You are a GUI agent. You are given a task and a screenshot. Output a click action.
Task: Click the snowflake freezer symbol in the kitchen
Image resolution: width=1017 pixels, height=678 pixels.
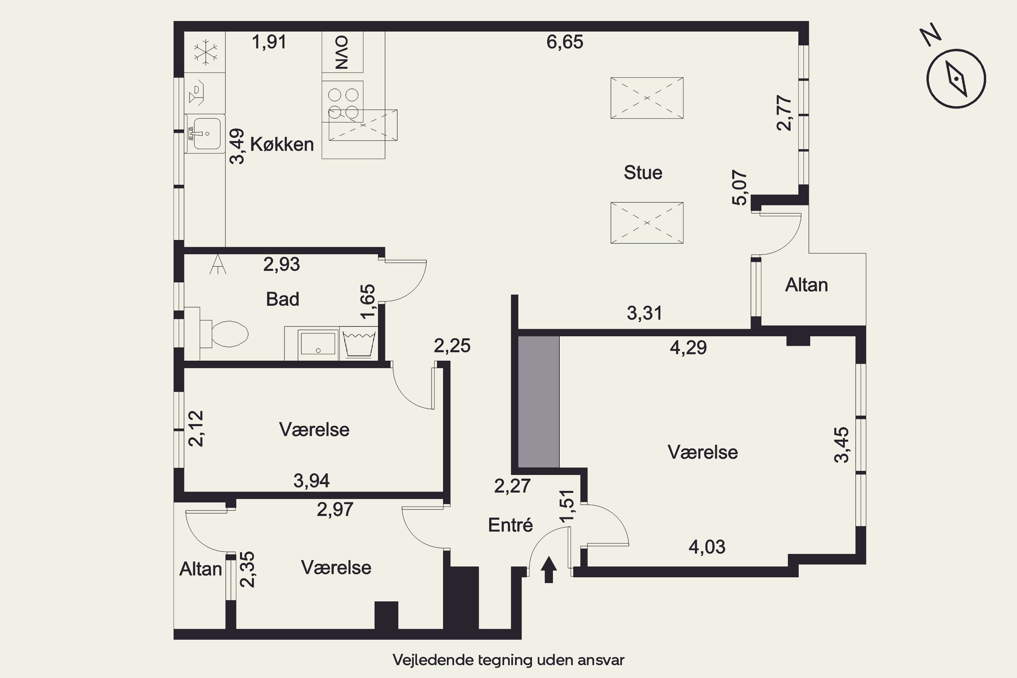tap(205, 52)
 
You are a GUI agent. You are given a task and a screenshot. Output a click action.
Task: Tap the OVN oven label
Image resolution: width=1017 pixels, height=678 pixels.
tap(342, 52)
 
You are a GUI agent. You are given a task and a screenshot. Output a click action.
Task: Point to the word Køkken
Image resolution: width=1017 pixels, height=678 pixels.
tap(282, 144)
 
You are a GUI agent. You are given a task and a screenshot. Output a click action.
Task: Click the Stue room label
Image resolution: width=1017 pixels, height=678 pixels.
tap(643, 173)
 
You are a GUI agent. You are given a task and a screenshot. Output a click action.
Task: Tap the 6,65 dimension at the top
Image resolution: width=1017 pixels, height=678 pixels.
tap(565, 42)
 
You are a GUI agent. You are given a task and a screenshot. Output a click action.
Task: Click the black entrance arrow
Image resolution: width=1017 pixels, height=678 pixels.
tap(549, 570)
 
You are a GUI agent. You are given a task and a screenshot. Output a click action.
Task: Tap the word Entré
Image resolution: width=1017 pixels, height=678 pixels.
tap(510, 525)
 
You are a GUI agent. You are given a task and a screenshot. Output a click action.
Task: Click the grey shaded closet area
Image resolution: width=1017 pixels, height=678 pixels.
tap(538, 402)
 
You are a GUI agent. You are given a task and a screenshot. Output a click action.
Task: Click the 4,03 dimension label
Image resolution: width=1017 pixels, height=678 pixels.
tap(707, 547)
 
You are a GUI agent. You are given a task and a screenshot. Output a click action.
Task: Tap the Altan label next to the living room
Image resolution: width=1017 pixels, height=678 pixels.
tap(806, 285)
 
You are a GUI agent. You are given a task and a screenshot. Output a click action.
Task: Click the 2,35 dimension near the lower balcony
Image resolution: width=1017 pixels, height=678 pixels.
tap(247, 569)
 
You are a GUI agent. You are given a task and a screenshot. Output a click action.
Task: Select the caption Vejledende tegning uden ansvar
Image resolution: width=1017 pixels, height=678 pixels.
tap(509, 660)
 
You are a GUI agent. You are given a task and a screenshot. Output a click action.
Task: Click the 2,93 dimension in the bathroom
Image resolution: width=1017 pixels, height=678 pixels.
tap(281, 264)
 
